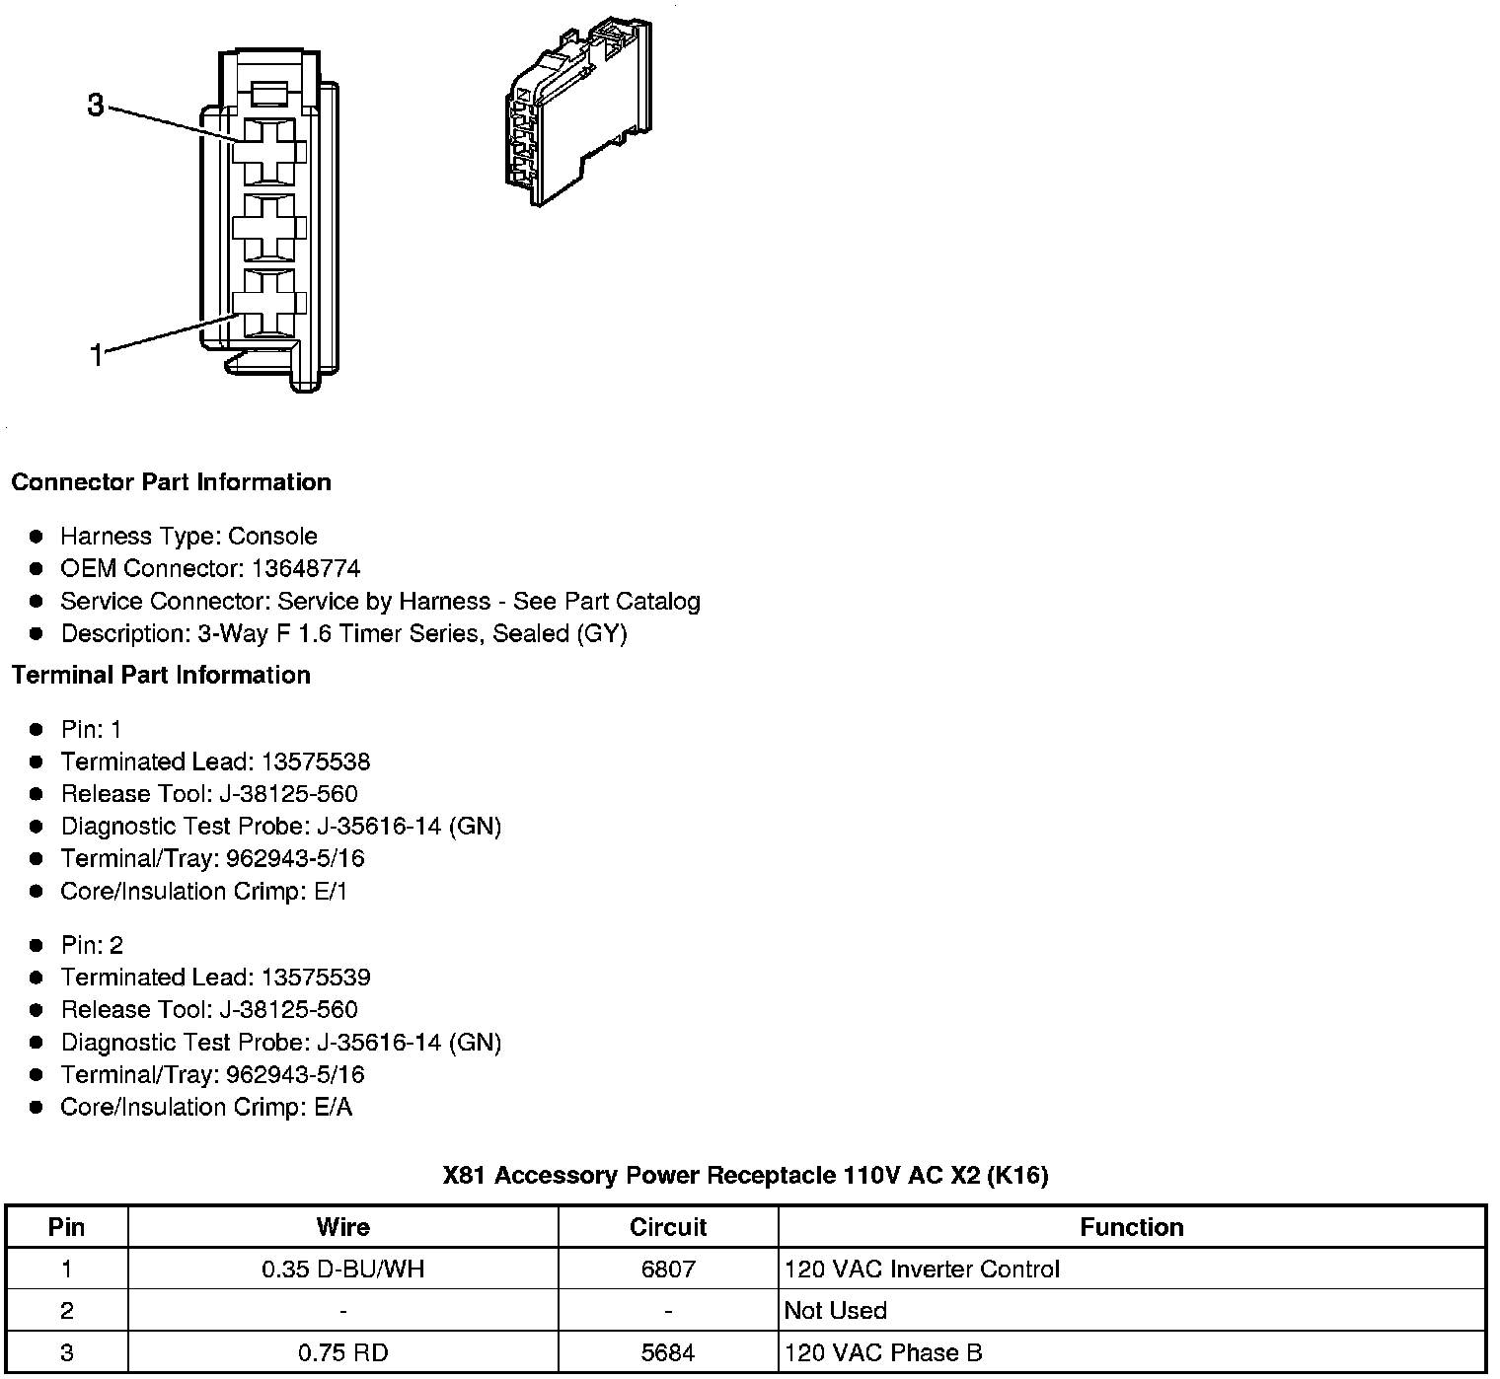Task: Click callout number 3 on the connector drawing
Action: coord(95,105)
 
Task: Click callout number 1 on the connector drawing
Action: coord(97,355)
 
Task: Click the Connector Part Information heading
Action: coord(171,482)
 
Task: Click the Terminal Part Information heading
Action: coord(161,675)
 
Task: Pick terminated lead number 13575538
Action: coord(316,762)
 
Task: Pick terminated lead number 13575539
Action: coord(316,978)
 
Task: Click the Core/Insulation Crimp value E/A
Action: coord(333,1107)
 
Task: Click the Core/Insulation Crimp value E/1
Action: coord(331,891)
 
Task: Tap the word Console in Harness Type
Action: coord(273,537)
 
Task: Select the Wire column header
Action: coord(342,1227)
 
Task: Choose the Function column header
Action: coord(1131,1227)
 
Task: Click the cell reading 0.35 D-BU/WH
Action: coord(342,1269)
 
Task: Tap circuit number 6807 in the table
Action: coord(668,1269)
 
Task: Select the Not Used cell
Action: coord(835,1311)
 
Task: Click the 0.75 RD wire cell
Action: coord(342,1352)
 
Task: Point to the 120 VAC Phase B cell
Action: coord(883,1352)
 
